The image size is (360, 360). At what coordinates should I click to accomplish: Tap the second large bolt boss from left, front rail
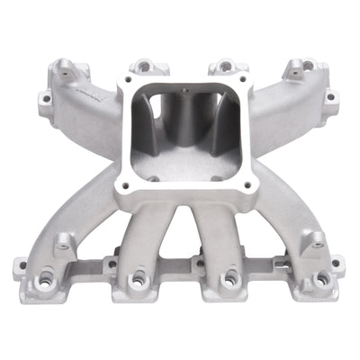pyautogui.click(x=138, y=280)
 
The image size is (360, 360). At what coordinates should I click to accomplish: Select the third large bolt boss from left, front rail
pyautogui.click(x=226, y=280)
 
